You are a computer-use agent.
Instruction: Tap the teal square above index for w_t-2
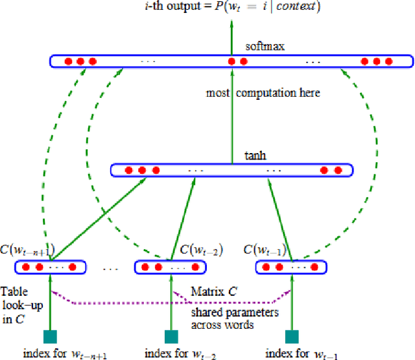pyautogui.click(x=171, y=336)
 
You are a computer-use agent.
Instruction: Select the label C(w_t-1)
pyautogui.click(x=262, y=249)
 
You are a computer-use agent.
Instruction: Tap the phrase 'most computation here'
pyautogui.click(x=263, y=93)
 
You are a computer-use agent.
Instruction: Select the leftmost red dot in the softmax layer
pyautogui.click(x=68, y=62)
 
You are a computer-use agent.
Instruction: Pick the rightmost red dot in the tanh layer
pyautogui.click(x=337, y=171)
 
